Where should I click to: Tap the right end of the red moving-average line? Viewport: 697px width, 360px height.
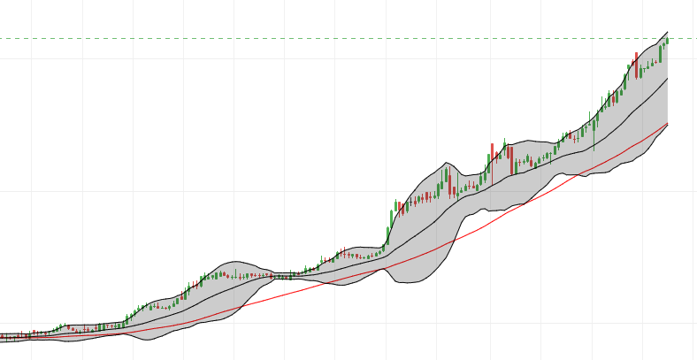667,123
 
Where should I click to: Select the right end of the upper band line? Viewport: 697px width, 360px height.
667,31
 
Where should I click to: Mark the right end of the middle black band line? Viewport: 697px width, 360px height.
667,79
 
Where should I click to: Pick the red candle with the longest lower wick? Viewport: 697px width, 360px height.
450,184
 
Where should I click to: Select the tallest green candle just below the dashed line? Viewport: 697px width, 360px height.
660,54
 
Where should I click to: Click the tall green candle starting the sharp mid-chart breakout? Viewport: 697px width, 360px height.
393,212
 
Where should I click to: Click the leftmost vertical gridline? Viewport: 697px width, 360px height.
32,177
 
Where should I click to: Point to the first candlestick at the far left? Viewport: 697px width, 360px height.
2,336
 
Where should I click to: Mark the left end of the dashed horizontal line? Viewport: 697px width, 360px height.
2,38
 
